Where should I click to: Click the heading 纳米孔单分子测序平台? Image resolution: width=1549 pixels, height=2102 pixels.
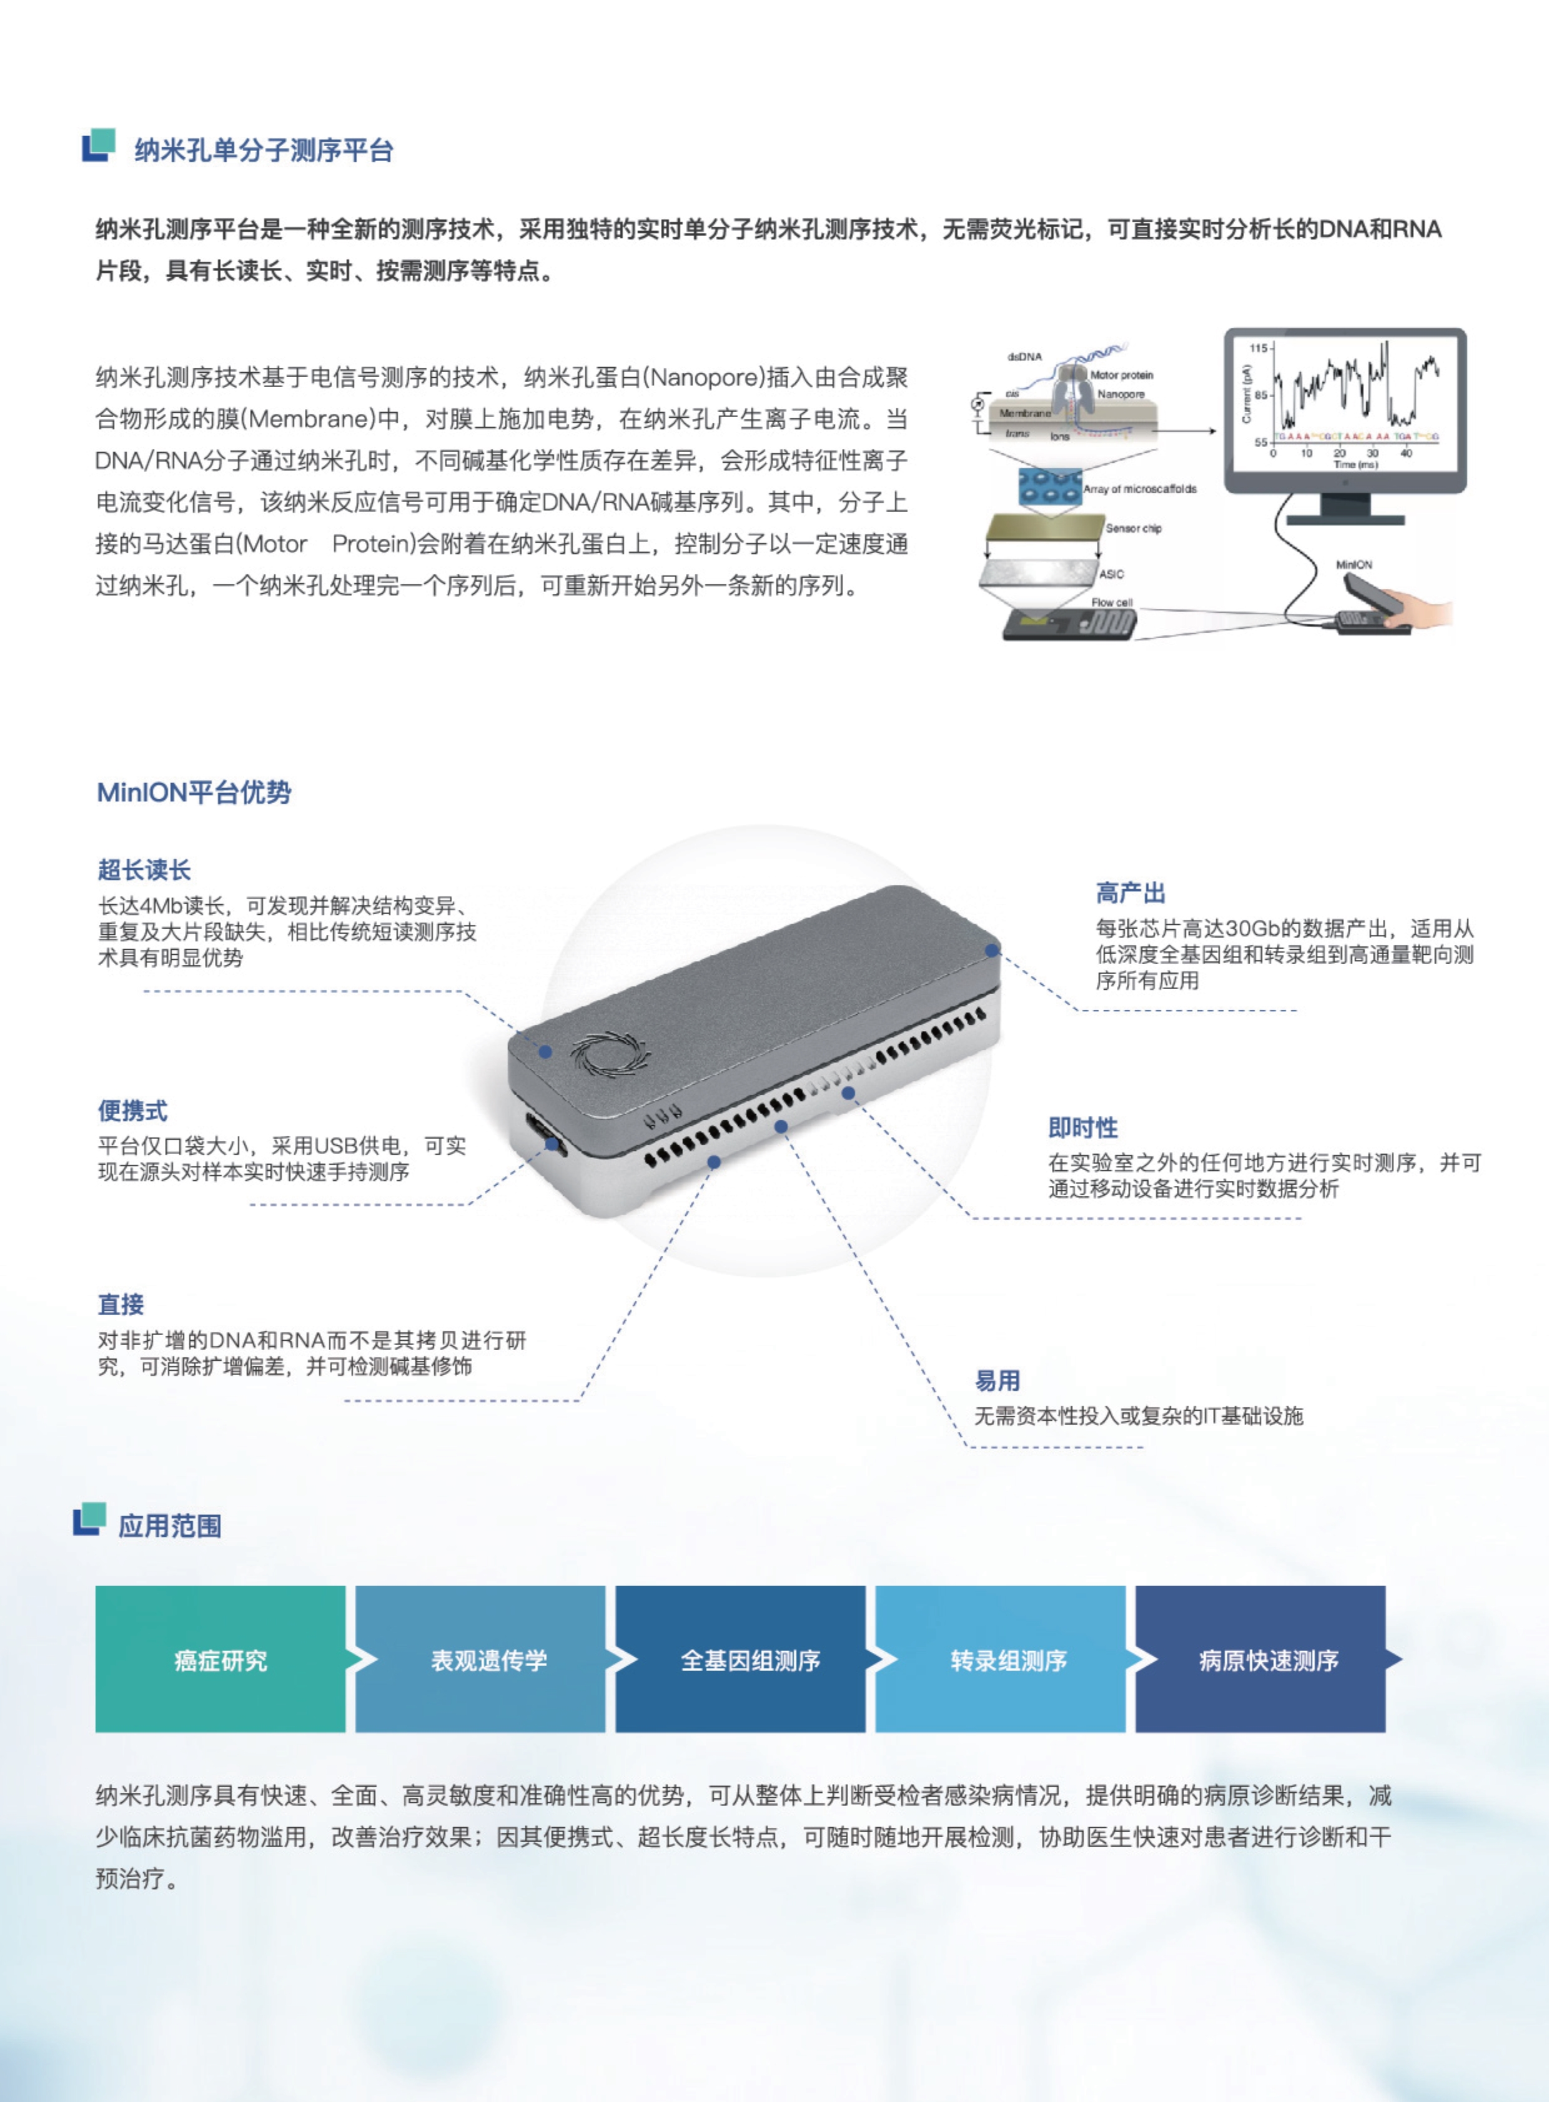tap(264, 150)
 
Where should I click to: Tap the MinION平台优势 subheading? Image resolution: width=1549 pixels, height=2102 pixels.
tap(194, 792)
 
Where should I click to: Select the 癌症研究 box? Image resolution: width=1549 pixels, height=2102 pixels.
tap(220, 1660)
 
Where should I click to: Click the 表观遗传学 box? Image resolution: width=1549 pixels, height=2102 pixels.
tap(488, 1660)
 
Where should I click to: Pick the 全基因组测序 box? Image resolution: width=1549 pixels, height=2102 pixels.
tap(750, 1660)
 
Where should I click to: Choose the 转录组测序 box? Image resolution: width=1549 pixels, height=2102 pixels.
tap(1009, 1660)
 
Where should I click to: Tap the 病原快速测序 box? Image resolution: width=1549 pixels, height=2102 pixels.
tap(1269, 1660)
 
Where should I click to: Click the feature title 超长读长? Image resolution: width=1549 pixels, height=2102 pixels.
tap(144, 870)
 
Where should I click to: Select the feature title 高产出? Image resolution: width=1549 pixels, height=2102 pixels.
tap(1130, 892)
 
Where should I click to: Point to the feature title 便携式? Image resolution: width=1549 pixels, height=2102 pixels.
tap(133, 1111)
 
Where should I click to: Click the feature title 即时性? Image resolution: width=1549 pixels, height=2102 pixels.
tap(1083, 1128)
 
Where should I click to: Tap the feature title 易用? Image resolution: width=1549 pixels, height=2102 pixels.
tap(997, 1381)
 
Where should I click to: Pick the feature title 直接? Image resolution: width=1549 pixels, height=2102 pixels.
tap(121, 1304)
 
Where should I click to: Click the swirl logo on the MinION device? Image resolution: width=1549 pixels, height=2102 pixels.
tap(610, 1054)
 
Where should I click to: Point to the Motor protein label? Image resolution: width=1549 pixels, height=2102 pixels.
tap(1121, 375)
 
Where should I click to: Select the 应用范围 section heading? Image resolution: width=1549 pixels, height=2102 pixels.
tap(170, 1526)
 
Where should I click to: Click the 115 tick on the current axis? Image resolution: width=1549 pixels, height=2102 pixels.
tap(1257, 348)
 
